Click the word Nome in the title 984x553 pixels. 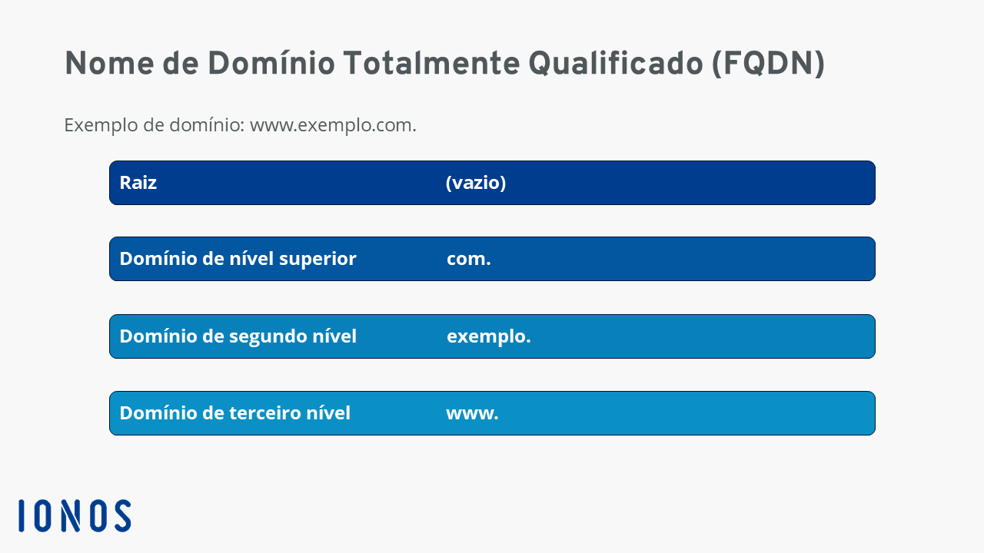coord(109,63)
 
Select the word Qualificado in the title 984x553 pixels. coord(616,64)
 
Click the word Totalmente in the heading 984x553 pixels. coord(431,63)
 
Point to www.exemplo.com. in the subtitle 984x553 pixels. coord(333,125)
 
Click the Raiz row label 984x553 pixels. coord(138,183)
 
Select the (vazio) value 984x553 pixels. coord(476,183)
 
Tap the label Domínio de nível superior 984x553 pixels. coord(238,259)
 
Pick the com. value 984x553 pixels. coord(469,259)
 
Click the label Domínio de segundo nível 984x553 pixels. coord(238,336)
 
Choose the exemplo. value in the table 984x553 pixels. coord(488,337)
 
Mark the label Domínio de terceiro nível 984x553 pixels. coord(235,413)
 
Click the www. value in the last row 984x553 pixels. coord(472,413)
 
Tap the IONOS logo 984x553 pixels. coord(75,515)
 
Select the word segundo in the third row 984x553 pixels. coord(268,337)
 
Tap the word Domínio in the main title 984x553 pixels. coord(271,63)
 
